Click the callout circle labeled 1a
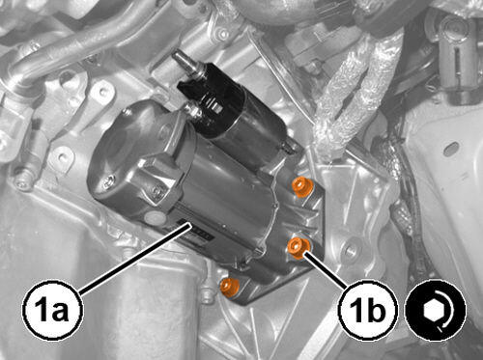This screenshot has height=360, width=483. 52,311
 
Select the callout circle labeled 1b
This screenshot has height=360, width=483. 368,311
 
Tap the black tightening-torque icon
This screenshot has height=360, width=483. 435,310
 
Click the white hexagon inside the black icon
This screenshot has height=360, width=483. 432,311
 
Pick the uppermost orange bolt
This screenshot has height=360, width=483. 301,187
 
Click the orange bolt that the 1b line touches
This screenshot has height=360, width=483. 298,248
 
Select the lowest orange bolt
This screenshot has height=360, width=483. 229,287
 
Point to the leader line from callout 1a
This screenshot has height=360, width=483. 134,259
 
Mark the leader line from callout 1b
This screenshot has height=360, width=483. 327,269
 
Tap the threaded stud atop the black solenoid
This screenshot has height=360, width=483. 185,62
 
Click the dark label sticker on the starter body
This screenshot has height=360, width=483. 196,230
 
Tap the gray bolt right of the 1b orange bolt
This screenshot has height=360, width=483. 350,248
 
